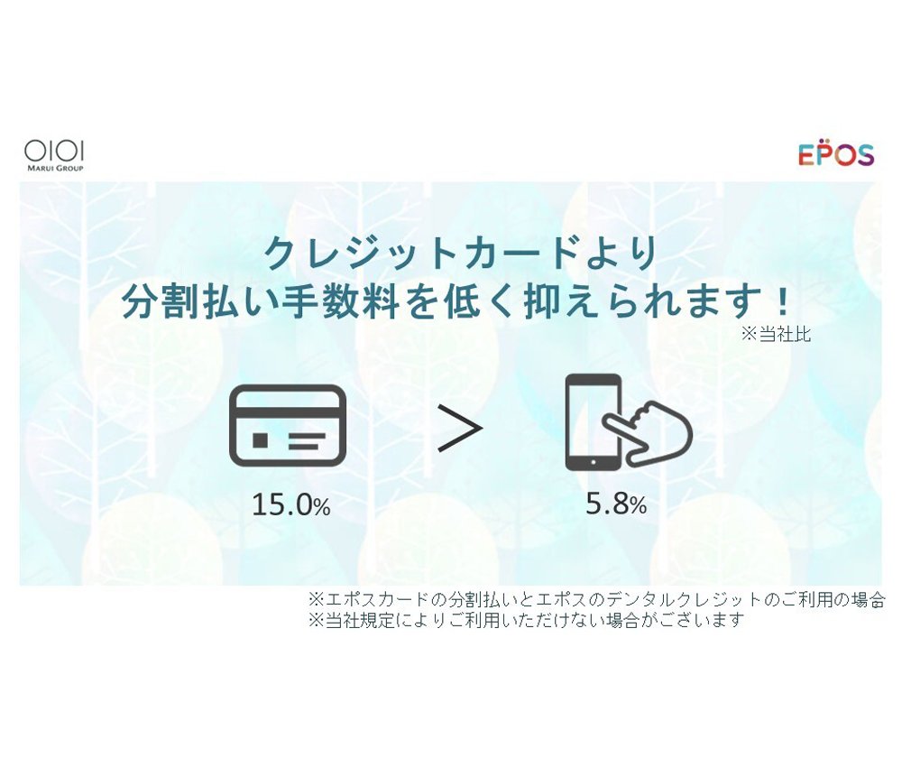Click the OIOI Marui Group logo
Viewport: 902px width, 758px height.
point(54,155)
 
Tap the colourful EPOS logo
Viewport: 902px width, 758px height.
point(836,153)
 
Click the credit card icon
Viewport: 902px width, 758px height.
point(288,425)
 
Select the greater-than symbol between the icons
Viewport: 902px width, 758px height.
point(459,428)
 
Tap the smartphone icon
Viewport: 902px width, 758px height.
point(594,422)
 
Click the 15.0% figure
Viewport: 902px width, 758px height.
point(291,504)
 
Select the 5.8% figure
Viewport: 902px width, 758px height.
point(616,504)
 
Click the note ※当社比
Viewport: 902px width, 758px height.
point(776,334)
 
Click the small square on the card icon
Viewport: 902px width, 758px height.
point(260,440)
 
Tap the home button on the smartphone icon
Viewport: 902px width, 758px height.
point(594,462)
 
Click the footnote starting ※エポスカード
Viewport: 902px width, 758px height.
point(596,600)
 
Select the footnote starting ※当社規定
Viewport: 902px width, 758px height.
point(527,620)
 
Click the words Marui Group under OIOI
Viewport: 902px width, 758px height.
point(55,168)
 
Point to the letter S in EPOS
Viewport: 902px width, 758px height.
point(862,155)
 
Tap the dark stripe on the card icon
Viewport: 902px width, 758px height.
point(288,412)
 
